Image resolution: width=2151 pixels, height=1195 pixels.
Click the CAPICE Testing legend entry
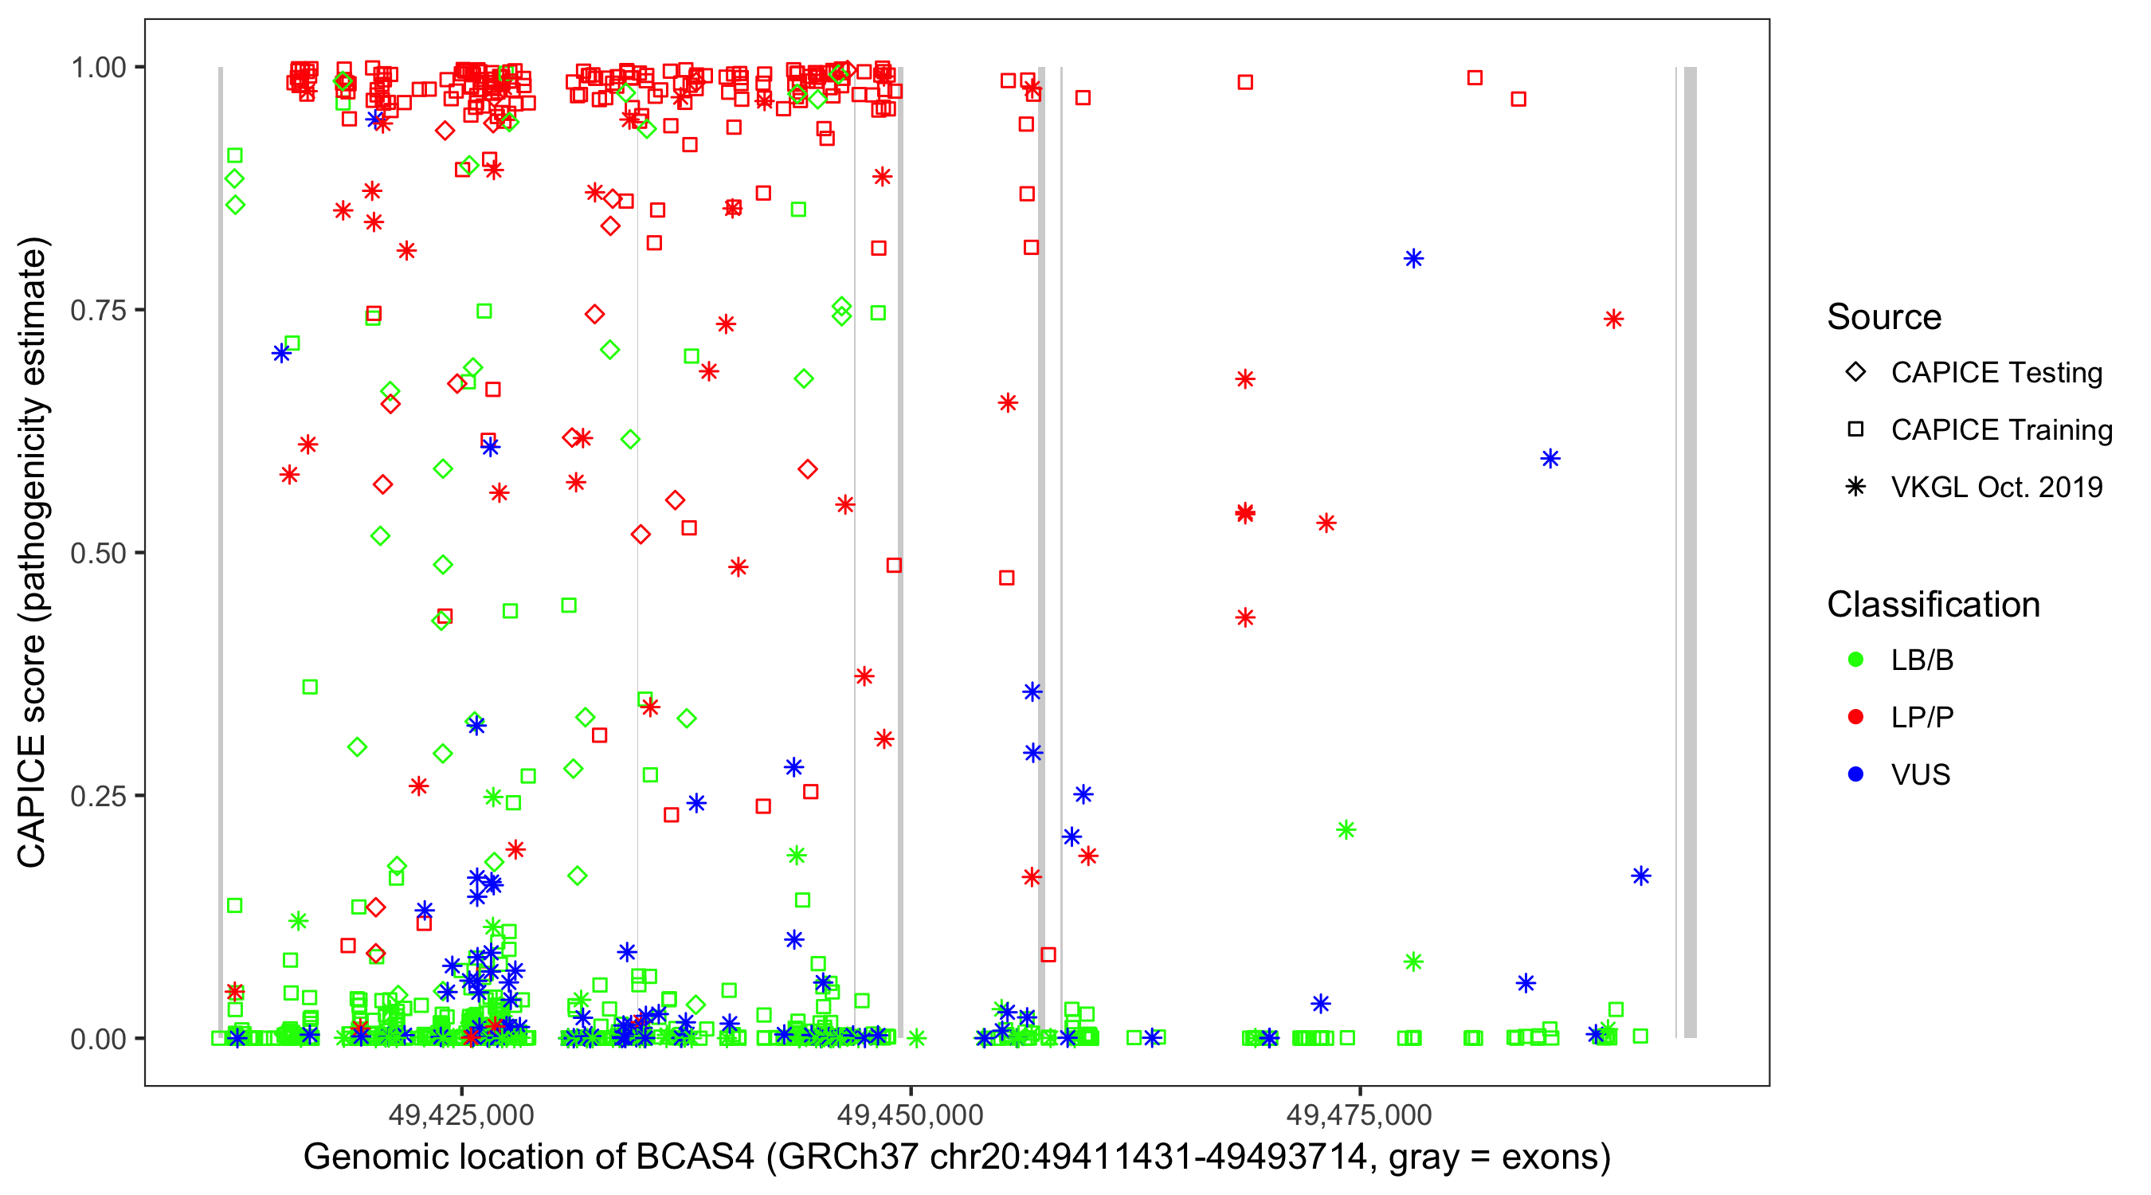click(x=1995, y=373)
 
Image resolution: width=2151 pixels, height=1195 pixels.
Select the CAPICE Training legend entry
click(x=2000, y=430)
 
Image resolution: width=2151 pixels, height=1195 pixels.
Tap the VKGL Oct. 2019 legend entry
click(x=1996, y=487)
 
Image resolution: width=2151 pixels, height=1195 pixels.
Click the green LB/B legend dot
click(x=1855, y=660)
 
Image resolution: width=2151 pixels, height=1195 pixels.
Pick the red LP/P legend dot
click(x=1855, y=717)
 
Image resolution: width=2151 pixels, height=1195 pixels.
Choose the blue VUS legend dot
click(x=1855, y=774)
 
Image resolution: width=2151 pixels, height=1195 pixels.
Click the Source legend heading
click(x=1883, y=317)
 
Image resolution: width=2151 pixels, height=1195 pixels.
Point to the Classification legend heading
click(x=1932, y=605)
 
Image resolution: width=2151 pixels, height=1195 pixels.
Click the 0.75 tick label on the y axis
click(x=97, y=311)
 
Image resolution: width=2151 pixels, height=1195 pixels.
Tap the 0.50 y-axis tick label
click(x=97, y=553)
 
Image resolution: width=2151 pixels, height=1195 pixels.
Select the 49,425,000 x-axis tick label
click(x=461, y=1115)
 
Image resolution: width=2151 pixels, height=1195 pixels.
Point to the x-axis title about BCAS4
click(x=956, y=1158)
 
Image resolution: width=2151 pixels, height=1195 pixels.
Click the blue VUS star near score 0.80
click(x=1412, y=259)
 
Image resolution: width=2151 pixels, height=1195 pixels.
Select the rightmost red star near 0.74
click(x=1612, y=319)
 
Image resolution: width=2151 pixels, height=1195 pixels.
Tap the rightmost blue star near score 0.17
click(x=1641, y=876)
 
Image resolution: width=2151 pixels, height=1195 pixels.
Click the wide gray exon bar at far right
click(x=1689, y=551)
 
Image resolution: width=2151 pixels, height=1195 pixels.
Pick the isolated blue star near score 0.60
click(x=1550, y=458)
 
